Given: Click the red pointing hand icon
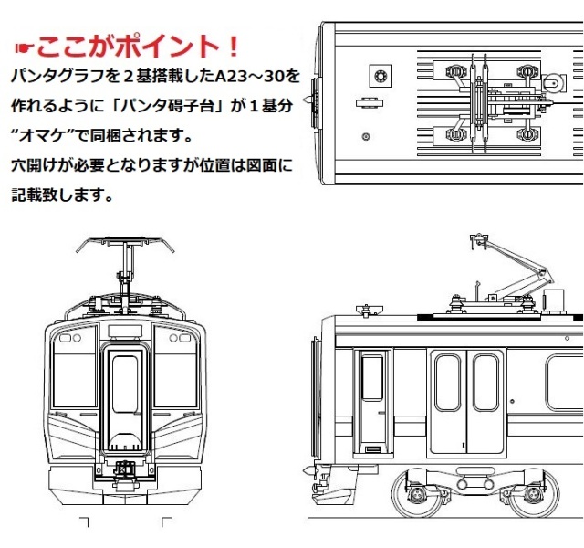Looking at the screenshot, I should [25, 47].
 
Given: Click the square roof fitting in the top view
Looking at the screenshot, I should [377, 73].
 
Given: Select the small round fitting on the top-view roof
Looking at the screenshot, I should [366, 137].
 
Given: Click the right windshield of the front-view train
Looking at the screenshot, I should [175, 373].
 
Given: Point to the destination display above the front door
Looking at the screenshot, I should [125, 331].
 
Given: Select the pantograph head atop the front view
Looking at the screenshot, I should [124, 244].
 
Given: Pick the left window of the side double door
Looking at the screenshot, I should [447, 383].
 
